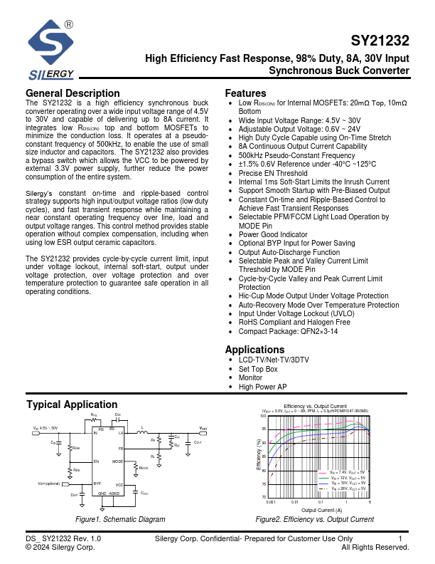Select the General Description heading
point(72,93)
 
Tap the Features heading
point(246,93)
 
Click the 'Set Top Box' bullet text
point(258,369)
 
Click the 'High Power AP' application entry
point(262,387)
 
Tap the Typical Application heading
point(72,404)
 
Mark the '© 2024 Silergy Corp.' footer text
point(60,548)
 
